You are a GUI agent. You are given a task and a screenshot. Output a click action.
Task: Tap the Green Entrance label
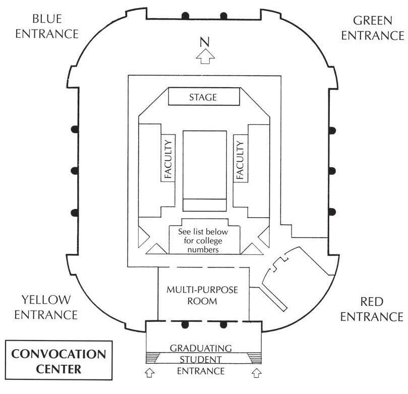tap(379, 28)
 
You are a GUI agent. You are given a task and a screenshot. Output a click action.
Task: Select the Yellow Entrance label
tap(46, 307)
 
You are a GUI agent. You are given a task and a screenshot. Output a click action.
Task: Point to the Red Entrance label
tap(372, 309)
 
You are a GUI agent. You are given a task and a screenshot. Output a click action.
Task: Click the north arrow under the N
tap(205, 57)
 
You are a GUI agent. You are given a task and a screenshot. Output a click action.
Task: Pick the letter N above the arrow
tap(205, 41)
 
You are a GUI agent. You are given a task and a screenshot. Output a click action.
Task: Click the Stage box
tap(203, 97)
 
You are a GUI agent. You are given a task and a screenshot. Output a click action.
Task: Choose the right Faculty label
tap(240, 160)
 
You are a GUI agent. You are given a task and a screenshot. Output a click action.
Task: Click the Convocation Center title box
tap(60, 361)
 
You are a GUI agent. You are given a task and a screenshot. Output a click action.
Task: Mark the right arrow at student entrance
tap(257, 372)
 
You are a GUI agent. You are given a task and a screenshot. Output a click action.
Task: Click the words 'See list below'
tap(204, 232)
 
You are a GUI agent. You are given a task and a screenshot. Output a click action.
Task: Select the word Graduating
tap(201, 348)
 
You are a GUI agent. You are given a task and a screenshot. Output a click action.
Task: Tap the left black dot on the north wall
tap(185, 15)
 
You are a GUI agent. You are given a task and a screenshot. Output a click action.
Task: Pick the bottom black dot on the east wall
tap(332, 211)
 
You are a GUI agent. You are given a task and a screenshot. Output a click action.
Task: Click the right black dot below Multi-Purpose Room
tap(222, 323)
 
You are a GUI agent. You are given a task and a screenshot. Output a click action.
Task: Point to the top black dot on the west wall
tap(75, 129)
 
